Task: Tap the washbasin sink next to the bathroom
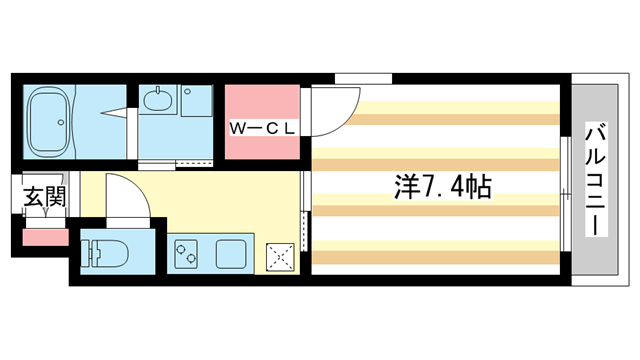tap(159, 100)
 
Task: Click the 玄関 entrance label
tap(44, 197)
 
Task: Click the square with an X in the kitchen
tap(281, 255)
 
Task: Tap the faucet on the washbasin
tap(159, 91)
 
